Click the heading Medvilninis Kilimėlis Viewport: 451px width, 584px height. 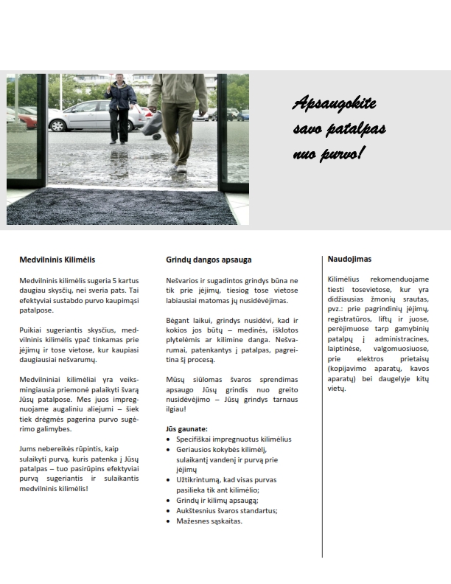click(57, 260)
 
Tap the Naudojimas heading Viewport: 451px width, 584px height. click(351, 259)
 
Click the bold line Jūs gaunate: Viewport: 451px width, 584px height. click(186, 428)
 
